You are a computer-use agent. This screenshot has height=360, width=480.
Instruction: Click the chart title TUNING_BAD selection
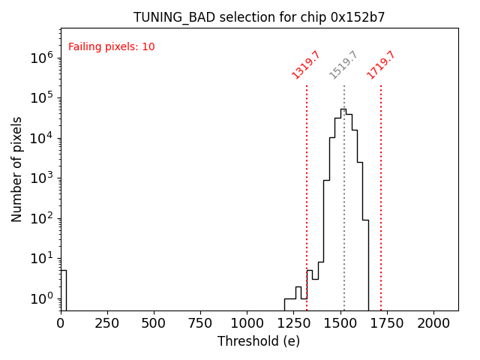pos(259,17)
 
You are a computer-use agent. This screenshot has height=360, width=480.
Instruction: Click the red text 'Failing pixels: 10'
pos(112,46)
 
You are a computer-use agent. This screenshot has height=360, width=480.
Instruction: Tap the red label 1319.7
pos(306,64)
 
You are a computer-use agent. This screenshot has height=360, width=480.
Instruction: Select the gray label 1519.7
pos(343,64)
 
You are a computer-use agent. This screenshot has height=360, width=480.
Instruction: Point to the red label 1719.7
pos(381,64)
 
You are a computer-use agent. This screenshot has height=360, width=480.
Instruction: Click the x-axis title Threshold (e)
pos(259,341)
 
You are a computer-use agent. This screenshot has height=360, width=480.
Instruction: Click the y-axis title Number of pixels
pos(16,169)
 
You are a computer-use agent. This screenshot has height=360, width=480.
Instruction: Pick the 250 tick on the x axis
pos(107,322)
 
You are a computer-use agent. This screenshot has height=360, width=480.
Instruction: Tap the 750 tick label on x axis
pos(201,322)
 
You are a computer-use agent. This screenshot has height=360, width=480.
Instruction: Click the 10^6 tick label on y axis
pos(40,57)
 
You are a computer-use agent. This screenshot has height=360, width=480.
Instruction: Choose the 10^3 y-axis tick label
pos(40,178)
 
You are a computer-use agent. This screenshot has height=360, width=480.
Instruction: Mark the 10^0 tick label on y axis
pos(40,298)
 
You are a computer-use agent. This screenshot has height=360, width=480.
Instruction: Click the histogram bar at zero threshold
pos(63,289)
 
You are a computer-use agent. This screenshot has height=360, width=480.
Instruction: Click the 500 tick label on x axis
pos(154,322)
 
